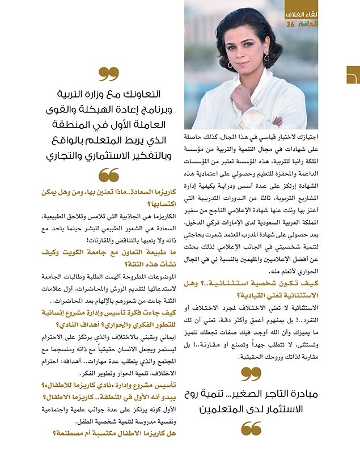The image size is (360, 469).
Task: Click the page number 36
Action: [x=290, y=24]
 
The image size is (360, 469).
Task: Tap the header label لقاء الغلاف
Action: [x=300, y=12]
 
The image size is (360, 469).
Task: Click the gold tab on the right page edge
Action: [x=353, y=75]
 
